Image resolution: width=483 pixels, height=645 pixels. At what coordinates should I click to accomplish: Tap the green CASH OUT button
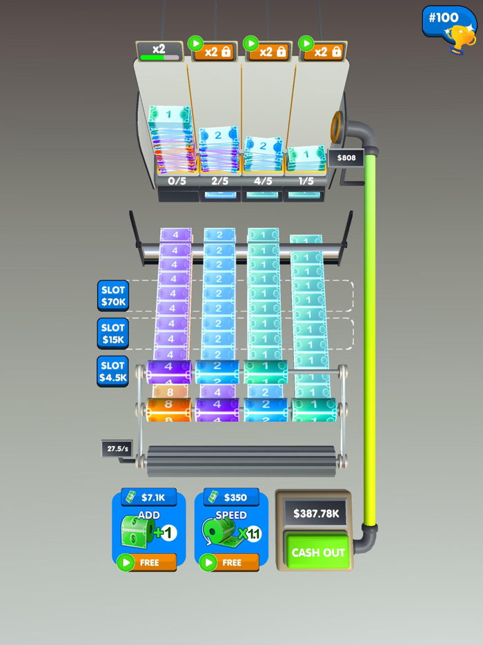click(318, 552)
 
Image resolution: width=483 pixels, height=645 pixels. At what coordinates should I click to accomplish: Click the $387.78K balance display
click(316, 513)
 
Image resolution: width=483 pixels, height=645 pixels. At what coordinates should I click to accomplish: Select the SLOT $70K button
click(112, 296)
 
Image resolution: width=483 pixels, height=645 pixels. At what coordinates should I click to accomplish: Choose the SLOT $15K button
click(112, 334)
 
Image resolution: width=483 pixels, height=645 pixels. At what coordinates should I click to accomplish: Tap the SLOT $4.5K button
click(112, 372)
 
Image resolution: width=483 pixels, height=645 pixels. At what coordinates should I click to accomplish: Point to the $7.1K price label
click(149, 497)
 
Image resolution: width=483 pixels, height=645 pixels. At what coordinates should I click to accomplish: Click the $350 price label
click(232, 497)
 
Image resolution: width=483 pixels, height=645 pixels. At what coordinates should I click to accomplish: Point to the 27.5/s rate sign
click(117, 448)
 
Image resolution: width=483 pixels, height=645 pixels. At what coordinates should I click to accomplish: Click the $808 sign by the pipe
click(346, 158)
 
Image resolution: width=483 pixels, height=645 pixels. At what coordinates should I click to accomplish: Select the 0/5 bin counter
click(177, 181)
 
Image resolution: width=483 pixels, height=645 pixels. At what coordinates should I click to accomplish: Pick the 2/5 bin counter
click(219, 181)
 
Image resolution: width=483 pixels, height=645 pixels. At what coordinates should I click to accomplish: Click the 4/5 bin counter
click(262, 181)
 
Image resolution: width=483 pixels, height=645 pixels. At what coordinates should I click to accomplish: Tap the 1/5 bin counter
click(305, 181)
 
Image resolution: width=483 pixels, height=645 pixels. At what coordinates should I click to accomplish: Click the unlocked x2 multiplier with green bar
click(159, 51)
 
